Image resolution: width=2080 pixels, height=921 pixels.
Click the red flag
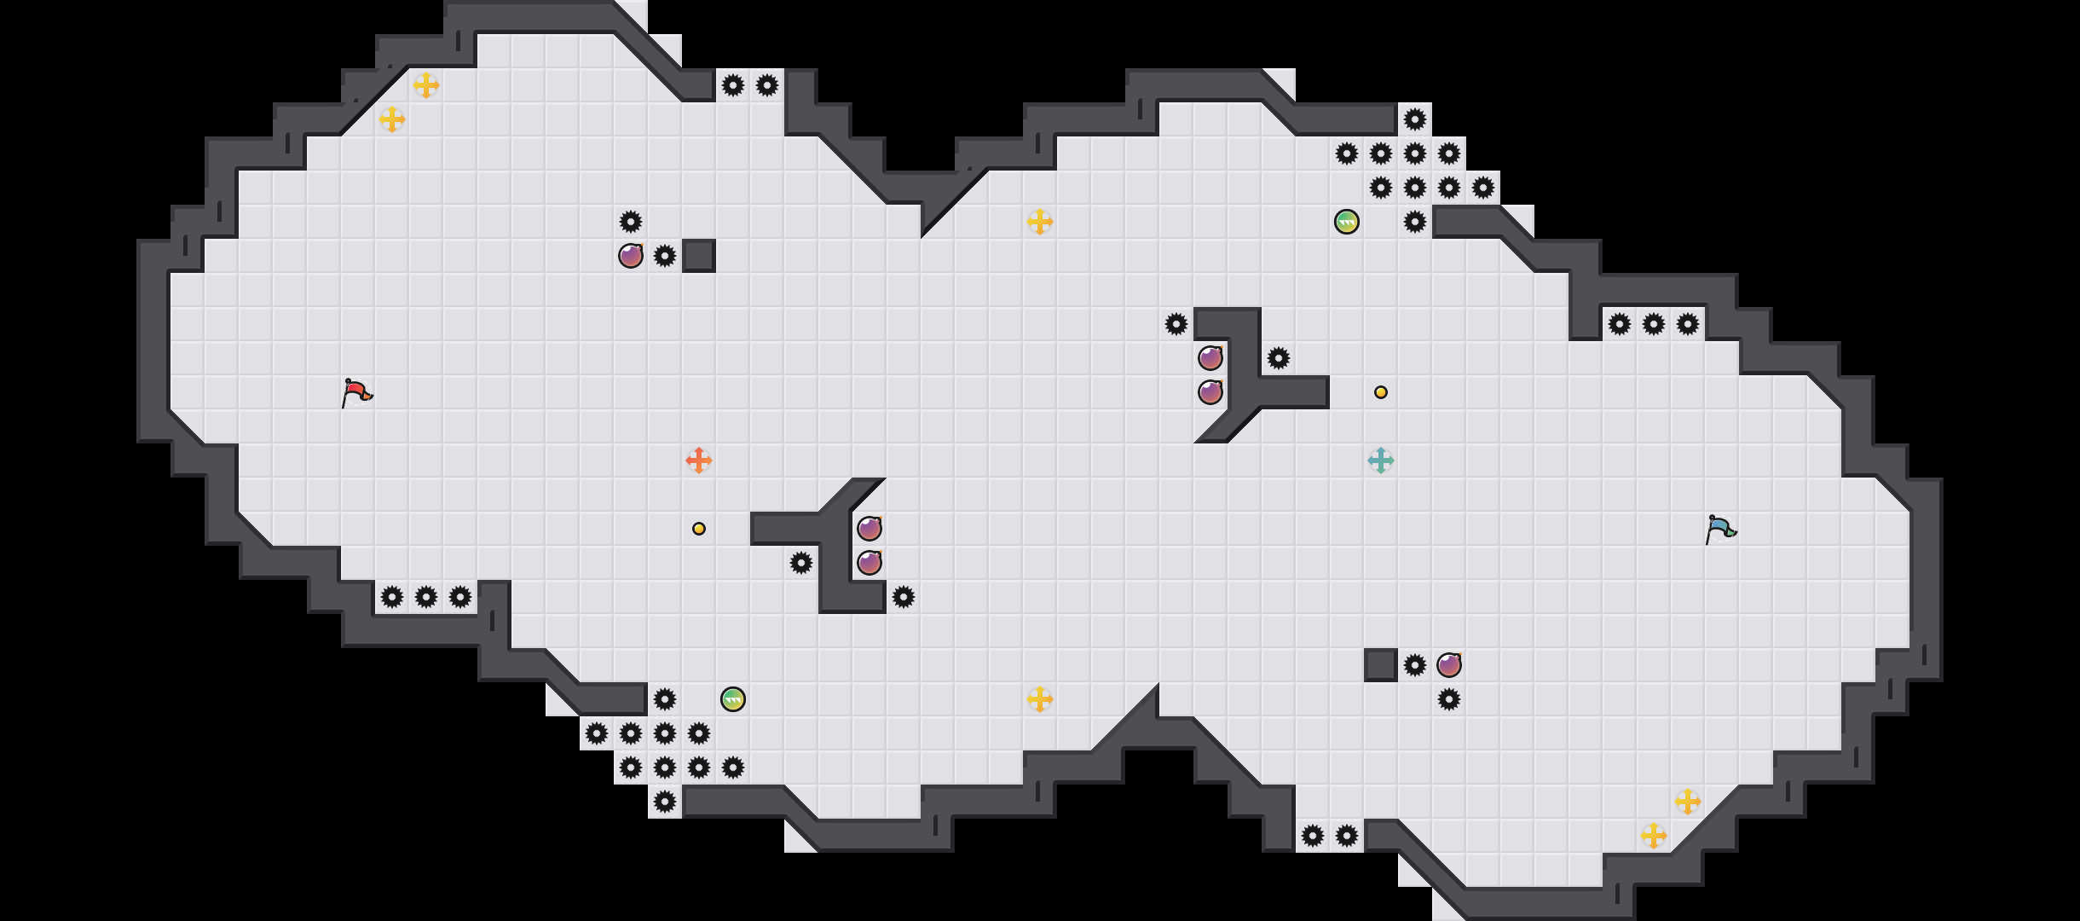coord(356,393)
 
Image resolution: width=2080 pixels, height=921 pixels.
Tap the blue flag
coord(1720,530)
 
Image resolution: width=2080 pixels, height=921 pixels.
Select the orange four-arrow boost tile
coord(699,460)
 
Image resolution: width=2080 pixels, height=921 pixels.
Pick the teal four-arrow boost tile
coord(1381,460)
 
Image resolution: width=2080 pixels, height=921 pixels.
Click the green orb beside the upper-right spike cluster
coord(1347,222)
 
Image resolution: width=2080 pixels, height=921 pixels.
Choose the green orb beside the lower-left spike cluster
coord(733,699)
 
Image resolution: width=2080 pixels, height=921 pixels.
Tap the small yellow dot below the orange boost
coord(699,529)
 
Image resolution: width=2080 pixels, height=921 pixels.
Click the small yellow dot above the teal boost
coord(1381,392)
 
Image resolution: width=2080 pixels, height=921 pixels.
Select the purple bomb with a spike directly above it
coord(631,256)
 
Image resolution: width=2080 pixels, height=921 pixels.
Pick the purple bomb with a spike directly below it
coord(1449,665)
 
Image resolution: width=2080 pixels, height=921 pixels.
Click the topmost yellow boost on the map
coord(426,85)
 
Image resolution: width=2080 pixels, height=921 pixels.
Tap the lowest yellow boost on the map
coord(1654,836)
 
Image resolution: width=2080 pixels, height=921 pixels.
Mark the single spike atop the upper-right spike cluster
coord(1415,119)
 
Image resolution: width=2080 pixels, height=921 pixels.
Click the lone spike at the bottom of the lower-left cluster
coord(665,802)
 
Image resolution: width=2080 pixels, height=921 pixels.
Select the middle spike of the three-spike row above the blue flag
coord(1654,324)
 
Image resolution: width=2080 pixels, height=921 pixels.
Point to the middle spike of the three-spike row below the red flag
coord(426,597)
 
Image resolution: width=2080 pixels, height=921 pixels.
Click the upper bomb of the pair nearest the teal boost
coord(1210,358)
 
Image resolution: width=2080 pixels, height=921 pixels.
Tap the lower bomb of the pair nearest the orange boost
coord(870,563)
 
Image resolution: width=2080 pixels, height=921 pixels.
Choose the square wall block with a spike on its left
coord(699,256)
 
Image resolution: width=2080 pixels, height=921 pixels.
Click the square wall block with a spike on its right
coord(1381,665)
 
